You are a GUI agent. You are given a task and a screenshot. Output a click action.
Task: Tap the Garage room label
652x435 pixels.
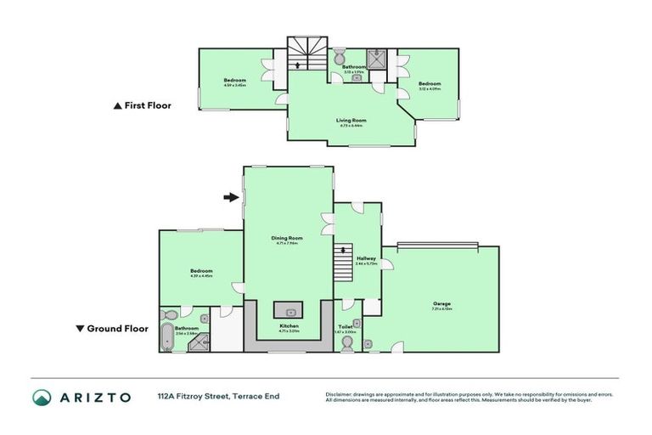pos(441,303)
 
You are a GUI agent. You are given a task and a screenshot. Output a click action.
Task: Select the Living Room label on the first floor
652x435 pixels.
pos(350,121)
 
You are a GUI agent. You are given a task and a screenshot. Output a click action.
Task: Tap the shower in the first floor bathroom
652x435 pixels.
pos(384,58)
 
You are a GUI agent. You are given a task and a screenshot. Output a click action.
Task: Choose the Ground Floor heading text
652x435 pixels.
pos(118,329)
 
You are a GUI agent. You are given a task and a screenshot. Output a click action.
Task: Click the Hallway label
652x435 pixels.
pos(366,258)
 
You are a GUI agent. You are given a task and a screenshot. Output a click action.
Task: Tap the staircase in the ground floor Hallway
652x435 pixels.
pos(343,260)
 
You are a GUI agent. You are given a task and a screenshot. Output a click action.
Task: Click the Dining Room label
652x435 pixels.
pos(287,238)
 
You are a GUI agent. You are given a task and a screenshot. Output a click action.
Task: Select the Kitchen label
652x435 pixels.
pos(289,325)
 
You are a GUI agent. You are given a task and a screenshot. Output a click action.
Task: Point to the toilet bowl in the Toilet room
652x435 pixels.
pos(346,342)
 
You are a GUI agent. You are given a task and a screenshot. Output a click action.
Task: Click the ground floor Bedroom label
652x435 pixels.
pos(201,271)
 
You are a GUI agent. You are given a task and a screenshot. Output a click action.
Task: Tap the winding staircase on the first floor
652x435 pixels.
pos(301,53)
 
